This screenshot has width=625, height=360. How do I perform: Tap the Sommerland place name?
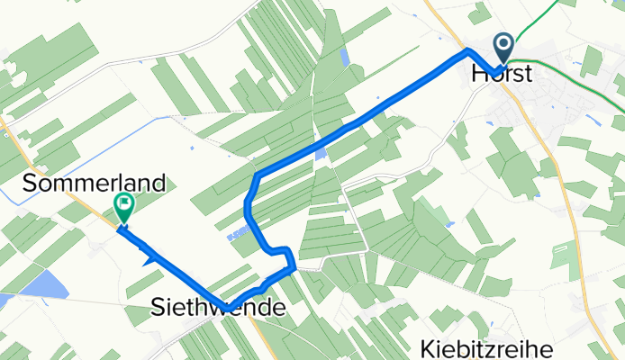click(95, 184)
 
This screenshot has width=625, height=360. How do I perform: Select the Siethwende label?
click(217, 310)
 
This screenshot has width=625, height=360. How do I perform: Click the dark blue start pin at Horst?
click(503, 46)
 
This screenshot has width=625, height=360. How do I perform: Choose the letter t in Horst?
click(530, 76)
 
